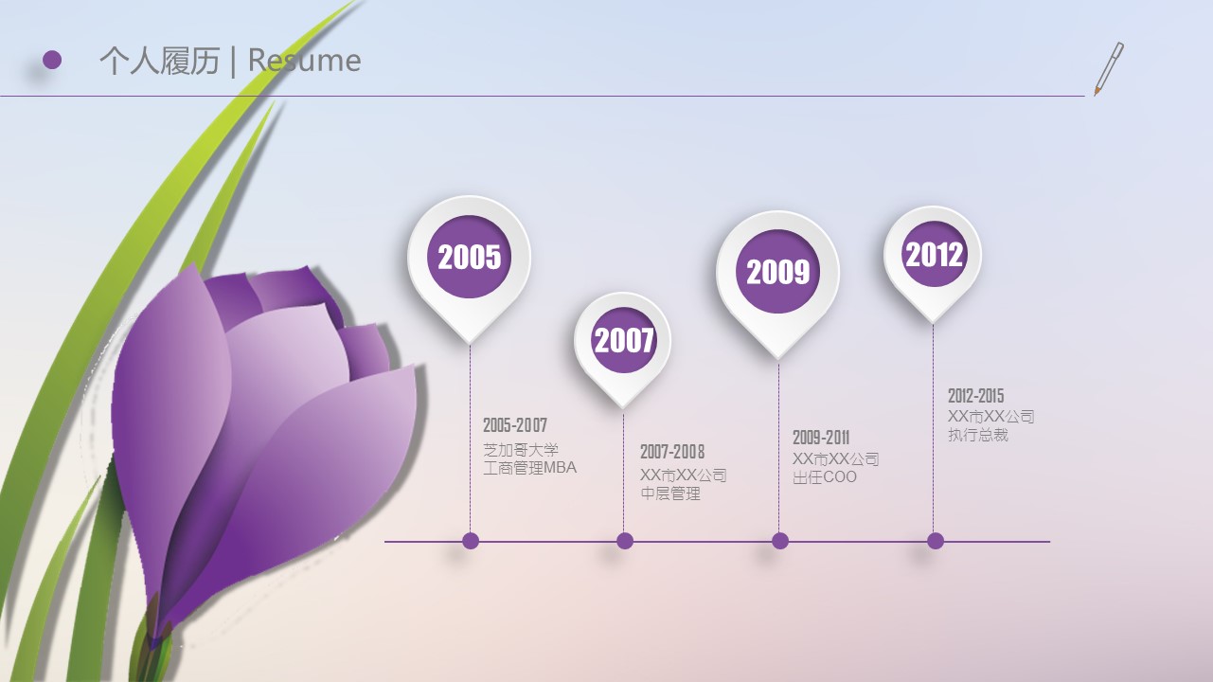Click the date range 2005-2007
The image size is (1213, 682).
tap(515, 425)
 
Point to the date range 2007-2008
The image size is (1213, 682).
tap(672, 451)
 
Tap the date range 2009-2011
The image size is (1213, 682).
tap(821, 438)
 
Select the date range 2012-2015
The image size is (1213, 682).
tap(976, 395)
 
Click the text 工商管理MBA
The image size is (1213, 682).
tap(529, 468)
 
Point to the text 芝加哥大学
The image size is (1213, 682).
tap(521, 450)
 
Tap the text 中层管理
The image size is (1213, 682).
tap(670, 494)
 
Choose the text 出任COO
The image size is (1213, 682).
tap(825, 477)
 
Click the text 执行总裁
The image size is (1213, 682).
tap(978, 435)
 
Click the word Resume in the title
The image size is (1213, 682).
tap(304, 60)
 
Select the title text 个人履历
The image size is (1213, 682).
tap(160, 60)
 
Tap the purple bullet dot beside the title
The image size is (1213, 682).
tap(52, 60)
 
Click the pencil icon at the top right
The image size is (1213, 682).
tap(1109, 69)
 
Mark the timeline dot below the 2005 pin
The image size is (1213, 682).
tap(471, 541)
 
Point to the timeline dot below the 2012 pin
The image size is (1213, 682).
tap(936, 541)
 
